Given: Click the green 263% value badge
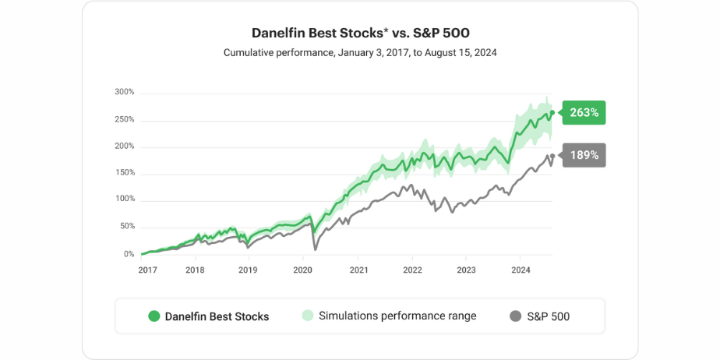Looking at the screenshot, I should [584, 112].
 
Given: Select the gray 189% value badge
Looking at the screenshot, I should [584, 155].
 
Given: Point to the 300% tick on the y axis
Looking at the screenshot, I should [125, 92].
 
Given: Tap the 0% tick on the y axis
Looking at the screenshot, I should [129, 254].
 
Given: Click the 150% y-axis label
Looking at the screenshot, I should [125, 172].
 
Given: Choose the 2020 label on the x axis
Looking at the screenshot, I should [303, 270].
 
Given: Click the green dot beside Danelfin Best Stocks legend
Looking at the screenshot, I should [154, 316].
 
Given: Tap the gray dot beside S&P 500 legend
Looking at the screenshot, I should [515, 316].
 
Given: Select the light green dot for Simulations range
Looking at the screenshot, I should [307, 316].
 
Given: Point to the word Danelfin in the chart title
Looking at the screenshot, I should [278, 33].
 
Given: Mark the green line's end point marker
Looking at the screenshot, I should [552, 113].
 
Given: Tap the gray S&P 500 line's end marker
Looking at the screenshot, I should [552, 156].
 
